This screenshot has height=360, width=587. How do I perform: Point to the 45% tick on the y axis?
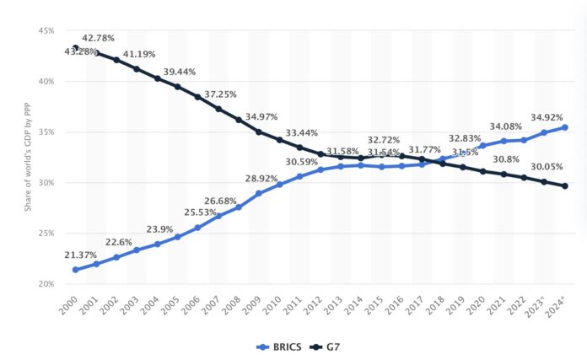coord(44,31)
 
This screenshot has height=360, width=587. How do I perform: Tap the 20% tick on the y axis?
coord(44,284)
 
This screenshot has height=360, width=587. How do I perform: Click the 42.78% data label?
coord(98,38)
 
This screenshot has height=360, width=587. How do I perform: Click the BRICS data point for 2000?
coord(75,270)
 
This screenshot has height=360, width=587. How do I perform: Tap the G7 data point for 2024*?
coord(563,186)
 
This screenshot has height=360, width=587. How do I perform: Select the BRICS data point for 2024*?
coord(563,127)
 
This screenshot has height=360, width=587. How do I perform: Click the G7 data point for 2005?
coord(177,87)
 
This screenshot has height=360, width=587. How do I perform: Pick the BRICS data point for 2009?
coord(258,194)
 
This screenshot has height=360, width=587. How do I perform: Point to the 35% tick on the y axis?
coord(44,132)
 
